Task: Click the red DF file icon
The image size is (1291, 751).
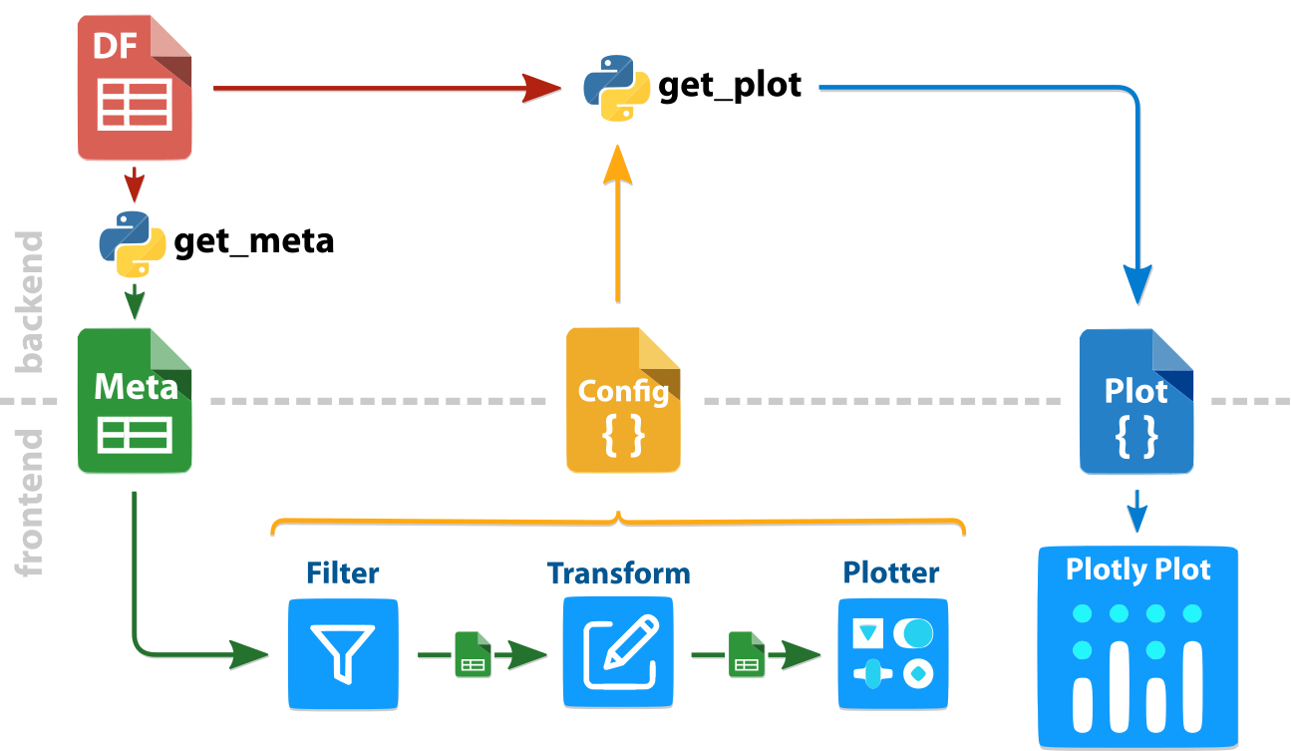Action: click(x=135, y=90)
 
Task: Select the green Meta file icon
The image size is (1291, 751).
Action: click(x=135, y=401)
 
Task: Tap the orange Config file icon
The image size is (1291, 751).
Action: click(x=623, y=401)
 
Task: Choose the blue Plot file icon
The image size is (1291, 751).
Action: click(x=1136, y=401)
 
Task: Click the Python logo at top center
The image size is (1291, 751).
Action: click(x=617, y=88)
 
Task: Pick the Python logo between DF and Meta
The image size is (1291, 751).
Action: click(x=133, y=243)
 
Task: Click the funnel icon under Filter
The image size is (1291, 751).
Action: click(x=343, y=654)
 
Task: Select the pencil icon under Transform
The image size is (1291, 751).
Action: click(x=618, y=654)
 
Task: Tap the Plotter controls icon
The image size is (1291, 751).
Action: click(x=892, y=654)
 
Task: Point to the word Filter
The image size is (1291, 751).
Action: click(x=342, y=573)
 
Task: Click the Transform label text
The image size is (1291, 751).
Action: click(x=618, y=573)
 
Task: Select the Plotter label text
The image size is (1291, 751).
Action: click(x=891, y=572)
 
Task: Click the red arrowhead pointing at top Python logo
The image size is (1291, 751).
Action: click(x=543, y=88)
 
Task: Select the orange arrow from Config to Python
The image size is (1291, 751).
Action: click(x=618, y=229)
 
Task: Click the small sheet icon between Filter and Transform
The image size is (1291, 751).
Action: click(x=472, y=655)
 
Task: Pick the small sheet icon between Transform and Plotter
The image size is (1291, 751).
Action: click(x=746, y=655)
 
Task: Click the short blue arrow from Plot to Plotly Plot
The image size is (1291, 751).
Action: click(x=1135, y=510)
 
